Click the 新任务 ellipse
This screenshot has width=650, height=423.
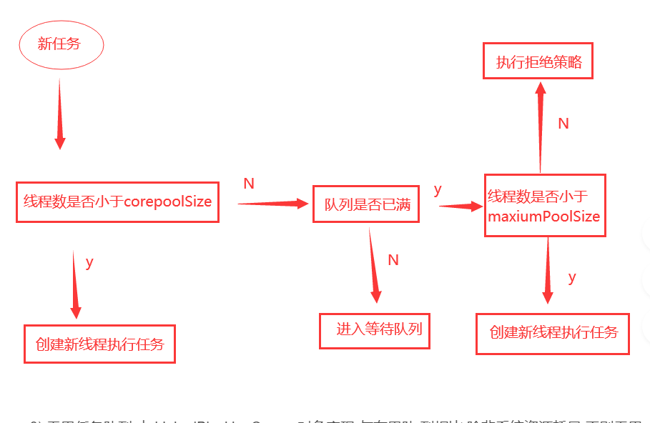pos(61,45)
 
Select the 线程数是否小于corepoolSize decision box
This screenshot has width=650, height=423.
pos(117,201)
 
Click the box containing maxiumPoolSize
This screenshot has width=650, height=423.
pos(544,205)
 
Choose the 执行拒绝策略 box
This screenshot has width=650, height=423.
pos(538,63)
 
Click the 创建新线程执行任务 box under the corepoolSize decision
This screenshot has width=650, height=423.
pos(99,344)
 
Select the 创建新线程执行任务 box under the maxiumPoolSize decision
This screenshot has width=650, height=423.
pos(553,333)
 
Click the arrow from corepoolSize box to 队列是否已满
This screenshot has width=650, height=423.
pos(272,204)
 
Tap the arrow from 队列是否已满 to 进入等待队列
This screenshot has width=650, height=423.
pos(373,264)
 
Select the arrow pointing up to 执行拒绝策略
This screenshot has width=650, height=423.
pos(541,126)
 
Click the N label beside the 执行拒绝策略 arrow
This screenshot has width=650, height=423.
pos(563,124)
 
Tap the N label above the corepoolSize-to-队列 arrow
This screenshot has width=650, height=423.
pos(249,184)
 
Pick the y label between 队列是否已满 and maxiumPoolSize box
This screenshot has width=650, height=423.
pos(438,189)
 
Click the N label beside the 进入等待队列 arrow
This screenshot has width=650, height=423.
pos(393,260)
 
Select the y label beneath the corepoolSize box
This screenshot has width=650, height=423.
pos(89,262)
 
